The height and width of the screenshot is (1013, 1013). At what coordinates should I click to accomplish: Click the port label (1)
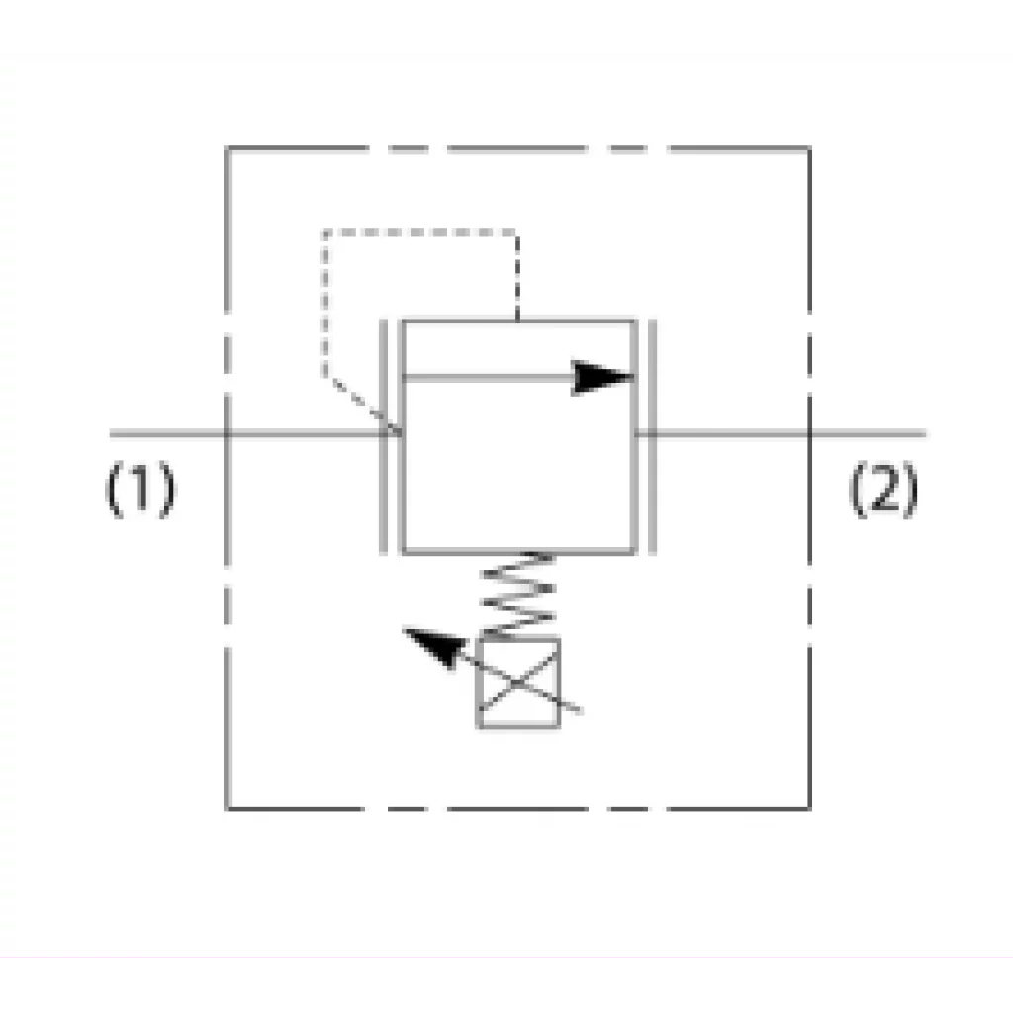pyautogui.click(x=140, y=489)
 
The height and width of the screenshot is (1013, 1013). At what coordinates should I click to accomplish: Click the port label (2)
pyautogui.click(x=883, y=489)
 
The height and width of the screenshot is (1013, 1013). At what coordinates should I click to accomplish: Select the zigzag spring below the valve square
pyautogui.click(x=518, y=595)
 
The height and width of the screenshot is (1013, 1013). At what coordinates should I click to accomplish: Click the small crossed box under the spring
pyautogui.click(x=518, y=683)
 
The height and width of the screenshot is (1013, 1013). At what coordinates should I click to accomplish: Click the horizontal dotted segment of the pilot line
pyautogui.click(x=420, y=231)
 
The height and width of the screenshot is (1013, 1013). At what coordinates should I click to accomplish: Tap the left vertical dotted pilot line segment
pyautogui.click(x=324, y=304)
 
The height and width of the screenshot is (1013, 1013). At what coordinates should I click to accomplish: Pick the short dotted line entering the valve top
pyautogui.click(x=517, y=276)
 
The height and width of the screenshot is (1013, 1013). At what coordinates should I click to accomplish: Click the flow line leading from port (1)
pyautogui.click(x=256, y=434)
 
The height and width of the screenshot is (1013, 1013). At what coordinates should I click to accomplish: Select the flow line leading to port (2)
pyautogui.click(x=782, y=434)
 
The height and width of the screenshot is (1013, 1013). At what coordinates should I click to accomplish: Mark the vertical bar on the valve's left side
pyautogui.click(x=383, y=436)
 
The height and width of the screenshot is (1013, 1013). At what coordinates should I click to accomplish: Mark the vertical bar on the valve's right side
pyautogui.click(x=652, y=436)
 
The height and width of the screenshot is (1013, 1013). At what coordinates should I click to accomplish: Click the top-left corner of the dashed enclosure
pyautogui.click(x=227, y=149)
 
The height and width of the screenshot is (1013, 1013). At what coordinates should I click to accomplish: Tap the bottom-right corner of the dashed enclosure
pyautogui.click(x=809, y=807)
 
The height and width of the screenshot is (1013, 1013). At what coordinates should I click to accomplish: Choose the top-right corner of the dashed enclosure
pyautogui.click(x=809, y=149)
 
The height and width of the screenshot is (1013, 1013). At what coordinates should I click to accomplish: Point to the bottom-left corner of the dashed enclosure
pyautogui.click(x=227, y=807)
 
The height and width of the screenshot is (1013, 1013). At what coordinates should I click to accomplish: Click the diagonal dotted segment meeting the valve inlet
pyautogui.click(x=362, y=404)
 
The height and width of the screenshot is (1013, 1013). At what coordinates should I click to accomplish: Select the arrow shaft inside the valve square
pyautogui.click(x=488, y=377)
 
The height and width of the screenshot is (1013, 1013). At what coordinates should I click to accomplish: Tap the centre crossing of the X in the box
pyautogui.click(x=518, y=683)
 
